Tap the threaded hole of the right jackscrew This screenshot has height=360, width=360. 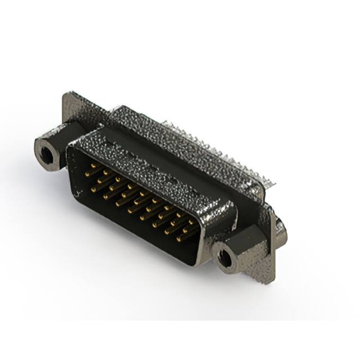[226, 258]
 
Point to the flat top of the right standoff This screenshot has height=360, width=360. [247, 236]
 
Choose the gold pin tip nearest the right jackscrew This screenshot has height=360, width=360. [179, 239]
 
